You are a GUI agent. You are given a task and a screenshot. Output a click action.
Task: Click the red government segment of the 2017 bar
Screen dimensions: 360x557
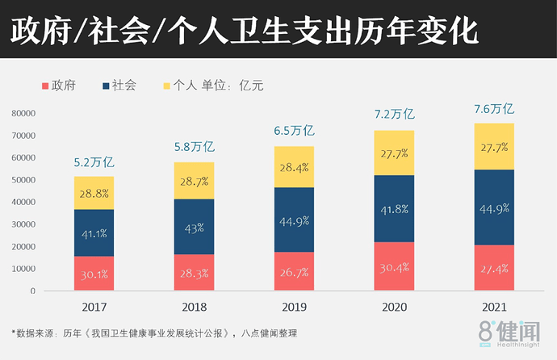click(x=94, y=274)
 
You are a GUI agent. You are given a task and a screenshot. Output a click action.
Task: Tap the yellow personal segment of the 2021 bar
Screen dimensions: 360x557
click(x=493, y=146)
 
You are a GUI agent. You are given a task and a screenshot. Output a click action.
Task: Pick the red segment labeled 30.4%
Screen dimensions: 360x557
click(x=394, y=266)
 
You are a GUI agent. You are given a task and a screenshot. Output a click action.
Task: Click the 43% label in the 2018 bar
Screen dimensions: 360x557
click(x=194, y=228)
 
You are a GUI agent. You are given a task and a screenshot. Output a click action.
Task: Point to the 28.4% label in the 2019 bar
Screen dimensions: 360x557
click(x=294, y=167)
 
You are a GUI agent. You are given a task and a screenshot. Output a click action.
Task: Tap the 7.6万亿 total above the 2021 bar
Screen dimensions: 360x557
click(x=493, y=109)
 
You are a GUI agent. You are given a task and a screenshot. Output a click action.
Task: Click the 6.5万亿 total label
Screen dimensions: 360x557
click(x=294, y=132)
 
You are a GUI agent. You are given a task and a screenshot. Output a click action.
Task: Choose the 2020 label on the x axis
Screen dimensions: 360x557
click(x=394, y=307)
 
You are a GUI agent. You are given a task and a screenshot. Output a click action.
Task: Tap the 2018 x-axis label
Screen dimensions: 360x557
click(x=194, y=307)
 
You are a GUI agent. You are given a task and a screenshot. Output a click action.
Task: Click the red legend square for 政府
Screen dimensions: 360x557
click(x=44, y=85)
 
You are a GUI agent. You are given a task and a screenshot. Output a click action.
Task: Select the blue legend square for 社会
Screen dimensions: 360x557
click(x=106, y=85)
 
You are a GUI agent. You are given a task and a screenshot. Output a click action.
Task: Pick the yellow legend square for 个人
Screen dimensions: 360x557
click(x=167, y=85)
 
